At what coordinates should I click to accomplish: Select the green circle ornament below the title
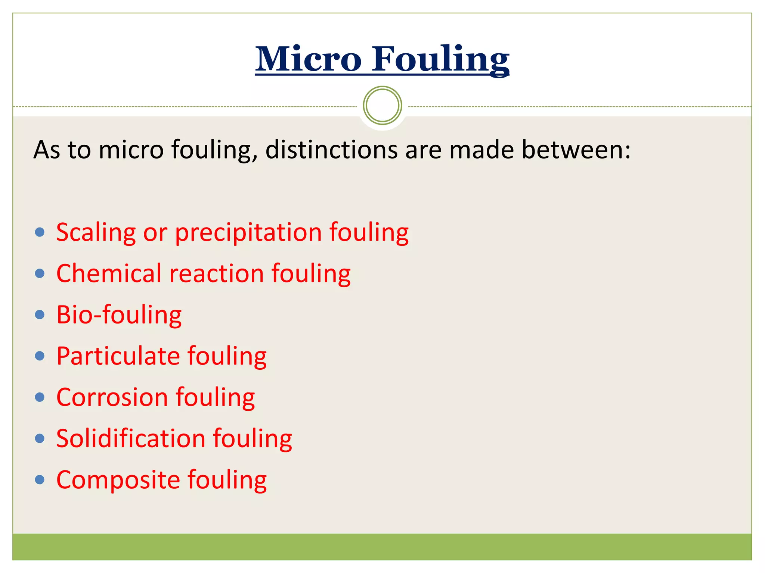click(382, 106)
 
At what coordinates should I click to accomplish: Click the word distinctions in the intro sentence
click(331, 150)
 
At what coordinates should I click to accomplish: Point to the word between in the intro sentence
click(576, 150)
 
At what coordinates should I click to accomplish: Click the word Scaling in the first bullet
click(96, 233)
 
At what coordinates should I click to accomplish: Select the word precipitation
click(248, 233)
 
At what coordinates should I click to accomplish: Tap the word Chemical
click(109, 273)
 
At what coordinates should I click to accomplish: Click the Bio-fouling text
click(119, 315)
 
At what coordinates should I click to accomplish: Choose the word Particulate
click(118, 356)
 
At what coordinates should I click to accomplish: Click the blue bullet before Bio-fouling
click(40, 315)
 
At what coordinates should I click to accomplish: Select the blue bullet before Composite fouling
click(40, 479)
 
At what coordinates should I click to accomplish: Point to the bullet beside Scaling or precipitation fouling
click(40, 232)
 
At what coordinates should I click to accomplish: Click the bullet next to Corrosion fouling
click(40, 397)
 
